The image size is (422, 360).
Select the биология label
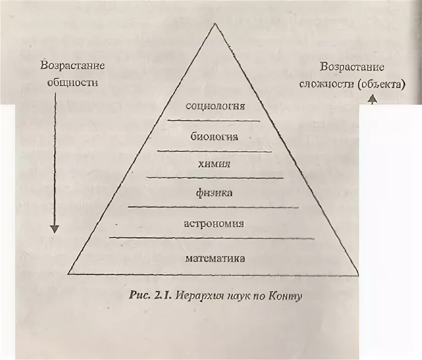coord(215,136)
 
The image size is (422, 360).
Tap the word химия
coord(215,164)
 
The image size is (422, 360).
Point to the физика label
coord(215,193)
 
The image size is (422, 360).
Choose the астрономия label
coord(214,224)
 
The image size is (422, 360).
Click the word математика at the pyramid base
coord(215,259)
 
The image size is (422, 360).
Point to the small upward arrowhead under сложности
coord(372,100)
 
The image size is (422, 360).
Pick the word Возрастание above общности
coord(72,66)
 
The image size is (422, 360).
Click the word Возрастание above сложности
coord(353,67)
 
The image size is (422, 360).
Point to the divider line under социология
coord(214,121)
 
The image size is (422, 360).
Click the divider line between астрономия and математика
coord(212,238)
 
